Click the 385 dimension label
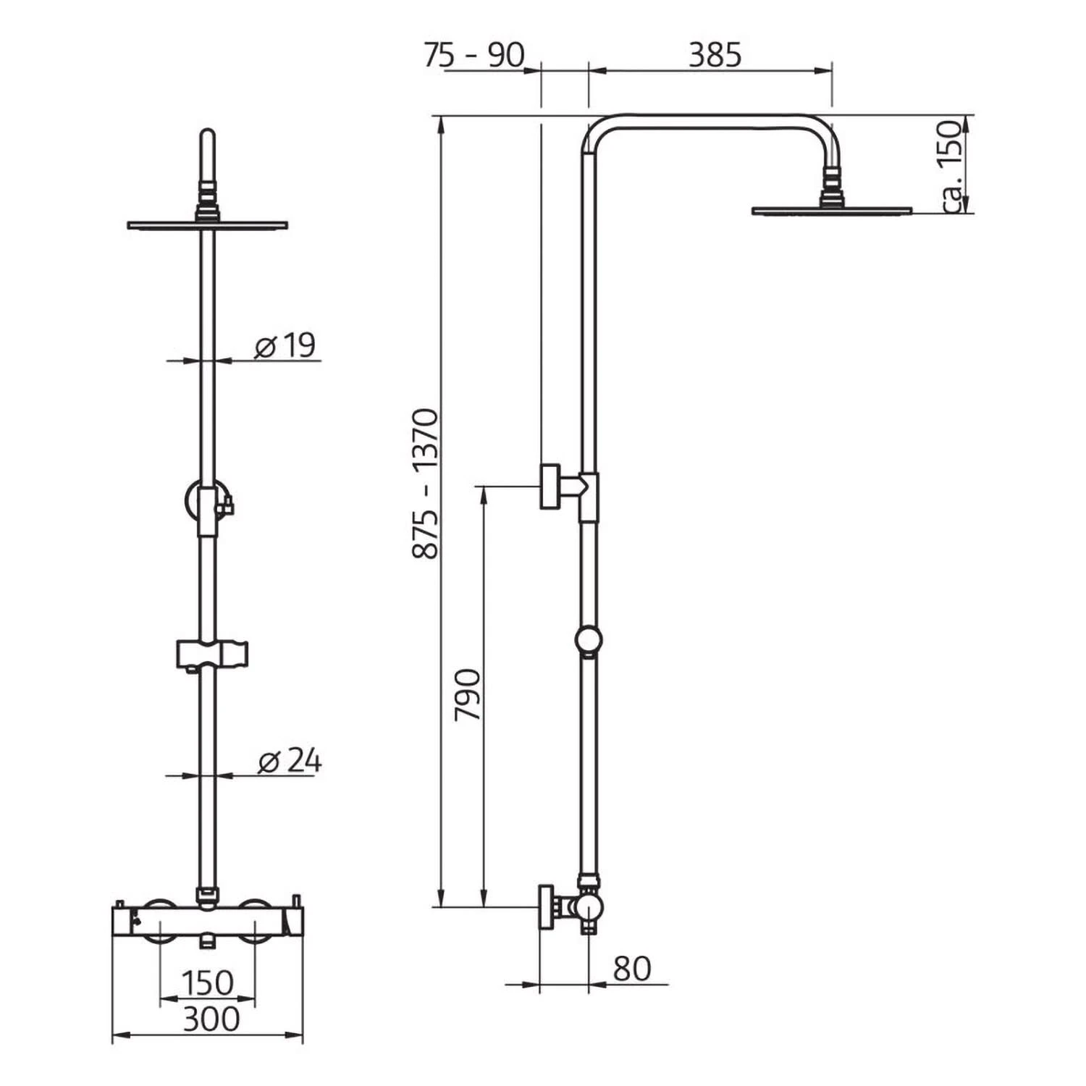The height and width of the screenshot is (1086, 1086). click(x=715, y=55)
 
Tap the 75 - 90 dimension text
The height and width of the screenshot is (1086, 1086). click(x=473, y=55)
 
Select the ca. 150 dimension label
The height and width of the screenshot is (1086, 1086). click(x=954, y=167)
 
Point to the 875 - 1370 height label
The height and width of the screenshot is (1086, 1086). click(x=426, y=484)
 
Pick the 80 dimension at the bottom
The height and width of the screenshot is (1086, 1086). click(x=631, y=969)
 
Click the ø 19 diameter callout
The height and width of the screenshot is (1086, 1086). click(x=286, y=346)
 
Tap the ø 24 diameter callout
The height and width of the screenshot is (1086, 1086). click(x=290, y=761)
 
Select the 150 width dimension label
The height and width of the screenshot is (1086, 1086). click(x=207, y=982)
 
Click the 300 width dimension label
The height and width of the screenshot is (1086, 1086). click(x=211, y=1019)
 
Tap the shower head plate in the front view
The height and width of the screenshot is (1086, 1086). click(x=208, y=224)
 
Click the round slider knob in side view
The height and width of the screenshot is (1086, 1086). click(x=589, y=641)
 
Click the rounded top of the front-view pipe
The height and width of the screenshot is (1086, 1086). click(x=208, y=138)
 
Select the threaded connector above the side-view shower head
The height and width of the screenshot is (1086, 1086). click(x=832, y=181)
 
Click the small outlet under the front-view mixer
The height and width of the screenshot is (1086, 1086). click(x=208, y=942)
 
